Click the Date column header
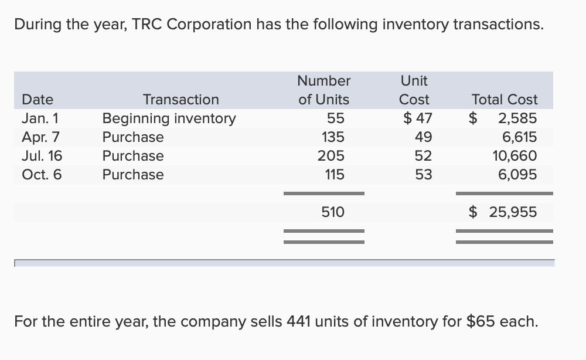click(38, 100)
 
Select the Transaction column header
click(180, 100)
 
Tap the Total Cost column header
click(505, 100)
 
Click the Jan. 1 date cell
click(40, 118)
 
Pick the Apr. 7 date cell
click(40, 137)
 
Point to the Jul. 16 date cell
click(42, 156)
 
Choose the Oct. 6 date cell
click(42, 175)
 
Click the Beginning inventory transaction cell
click(169, 118)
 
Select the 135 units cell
click(333, 137)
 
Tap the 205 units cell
click(332, 156)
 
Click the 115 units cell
click(333, 175)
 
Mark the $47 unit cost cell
click(417, 118)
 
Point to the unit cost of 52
click(423, 156)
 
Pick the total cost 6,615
click(519, 137)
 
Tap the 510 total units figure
click(333, 212)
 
